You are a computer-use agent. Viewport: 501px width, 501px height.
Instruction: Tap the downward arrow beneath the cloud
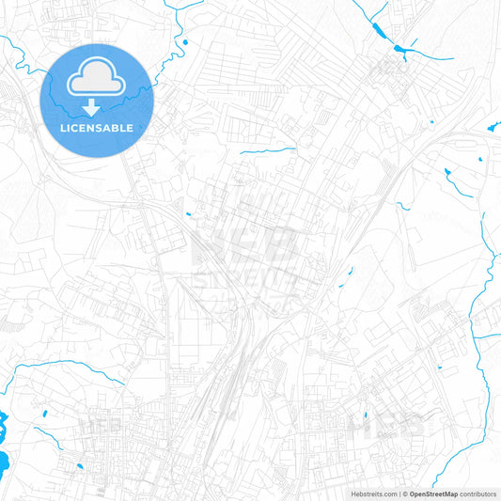97,108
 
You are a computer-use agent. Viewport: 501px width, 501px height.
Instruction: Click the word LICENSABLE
97,128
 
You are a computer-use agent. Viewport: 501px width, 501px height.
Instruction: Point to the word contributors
479,493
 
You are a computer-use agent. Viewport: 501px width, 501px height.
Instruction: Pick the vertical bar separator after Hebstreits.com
399,493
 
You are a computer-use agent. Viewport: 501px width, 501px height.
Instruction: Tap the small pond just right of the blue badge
185,41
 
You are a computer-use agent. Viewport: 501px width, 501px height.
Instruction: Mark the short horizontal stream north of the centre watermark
267,149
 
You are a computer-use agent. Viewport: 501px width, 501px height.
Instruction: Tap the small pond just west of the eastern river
446,172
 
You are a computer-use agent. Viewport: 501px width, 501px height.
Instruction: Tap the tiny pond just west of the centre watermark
188,214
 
